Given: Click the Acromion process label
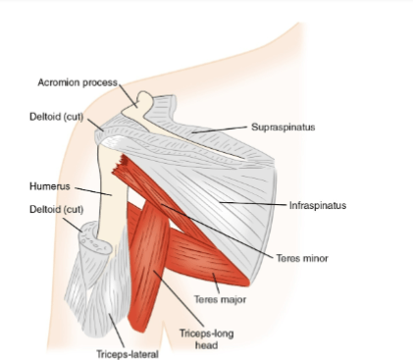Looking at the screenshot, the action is tap(77, 82).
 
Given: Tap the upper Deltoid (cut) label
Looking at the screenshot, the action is tap(56, 117).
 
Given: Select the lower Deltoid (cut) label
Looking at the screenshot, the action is tap(56, 209).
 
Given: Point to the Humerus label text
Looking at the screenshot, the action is tap(50, 186).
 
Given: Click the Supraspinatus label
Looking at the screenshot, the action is tap(284, 128).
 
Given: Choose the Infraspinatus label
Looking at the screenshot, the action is tap(318, 205).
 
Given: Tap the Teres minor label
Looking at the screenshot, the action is tap(302, 258).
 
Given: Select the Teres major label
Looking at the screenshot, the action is tap(220, 299).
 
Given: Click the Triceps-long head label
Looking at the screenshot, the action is tap(206, 339).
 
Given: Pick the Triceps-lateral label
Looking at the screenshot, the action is tap(128, 354).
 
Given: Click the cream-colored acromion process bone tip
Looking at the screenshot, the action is tap(144, 97).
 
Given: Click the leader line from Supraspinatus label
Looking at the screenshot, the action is tap(220, 129).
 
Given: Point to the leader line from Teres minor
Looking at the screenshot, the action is tap(217, 231).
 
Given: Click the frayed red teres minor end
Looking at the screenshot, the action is tap(121, 165).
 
